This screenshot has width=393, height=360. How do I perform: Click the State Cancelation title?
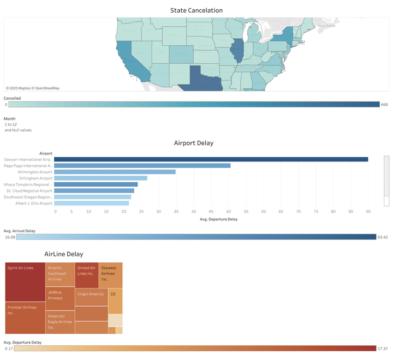pos(196,10)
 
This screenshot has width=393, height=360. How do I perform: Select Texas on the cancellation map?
pos(204,80)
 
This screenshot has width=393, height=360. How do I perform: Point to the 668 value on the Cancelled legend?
pos(384,104)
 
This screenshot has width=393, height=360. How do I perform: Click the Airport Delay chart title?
pos(194,143)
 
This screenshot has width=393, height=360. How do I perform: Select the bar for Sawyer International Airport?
pos(211,159)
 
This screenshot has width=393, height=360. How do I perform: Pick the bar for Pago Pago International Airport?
pos(142,165)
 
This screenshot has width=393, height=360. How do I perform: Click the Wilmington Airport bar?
pos(115,172)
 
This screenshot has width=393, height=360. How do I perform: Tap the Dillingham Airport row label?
pos(35,178)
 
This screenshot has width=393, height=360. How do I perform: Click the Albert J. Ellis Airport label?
pos(34,203)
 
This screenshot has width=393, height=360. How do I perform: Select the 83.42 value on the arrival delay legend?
pos(383,237)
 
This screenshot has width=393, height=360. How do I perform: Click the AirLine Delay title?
pos(64,254)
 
